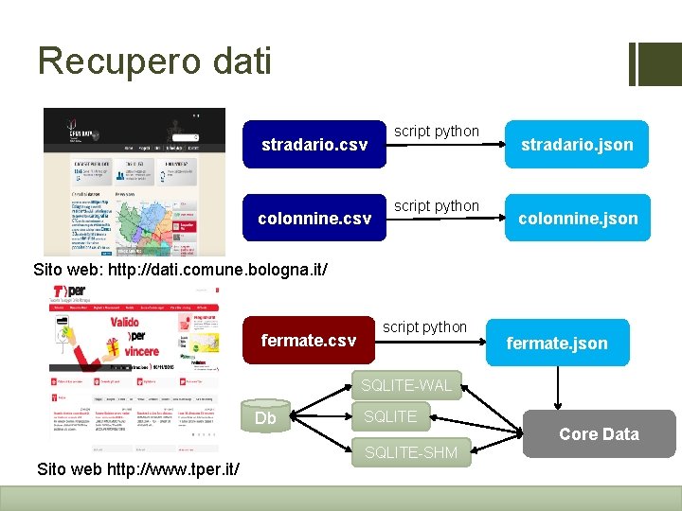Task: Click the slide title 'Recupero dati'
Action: pyautogui.click(x=154, y=62)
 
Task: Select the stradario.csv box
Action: pyautogui.click(x=314, y=145)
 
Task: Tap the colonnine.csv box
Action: pyautogui.click(x=314, y=219)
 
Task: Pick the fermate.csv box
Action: pyautogui.click(x=309, y=341)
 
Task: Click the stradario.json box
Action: pyautogui.click(x=577, y=145)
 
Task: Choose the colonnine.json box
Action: pyautogui.click(x=577, y=219)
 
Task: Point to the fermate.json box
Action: pyautogui.click(x=557, y=343)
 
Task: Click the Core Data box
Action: pyautogui.click(x=599, y=433)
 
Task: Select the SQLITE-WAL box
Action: pyautogui.click(x=406, y=385)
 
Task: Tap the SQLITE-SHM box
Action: pyautogui.click(x=411, y=452)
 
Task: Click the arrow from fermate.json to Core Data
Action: pyautogui.click(x=558, y=388)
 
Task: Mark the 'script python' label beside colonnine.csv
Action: pyautogui.click(x=437, y=205)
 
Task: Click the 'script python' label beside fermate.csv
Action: pyautogui.click(x=424, y=326)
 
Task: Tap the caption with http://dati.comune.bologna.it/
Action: pyautogui.click(x=181, y=270)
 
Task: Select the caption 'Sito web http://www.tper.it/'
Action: pyautogui.click(x=137, y=469)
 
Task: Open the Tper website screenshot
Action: pyautogui.click(x=134, y=364)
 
